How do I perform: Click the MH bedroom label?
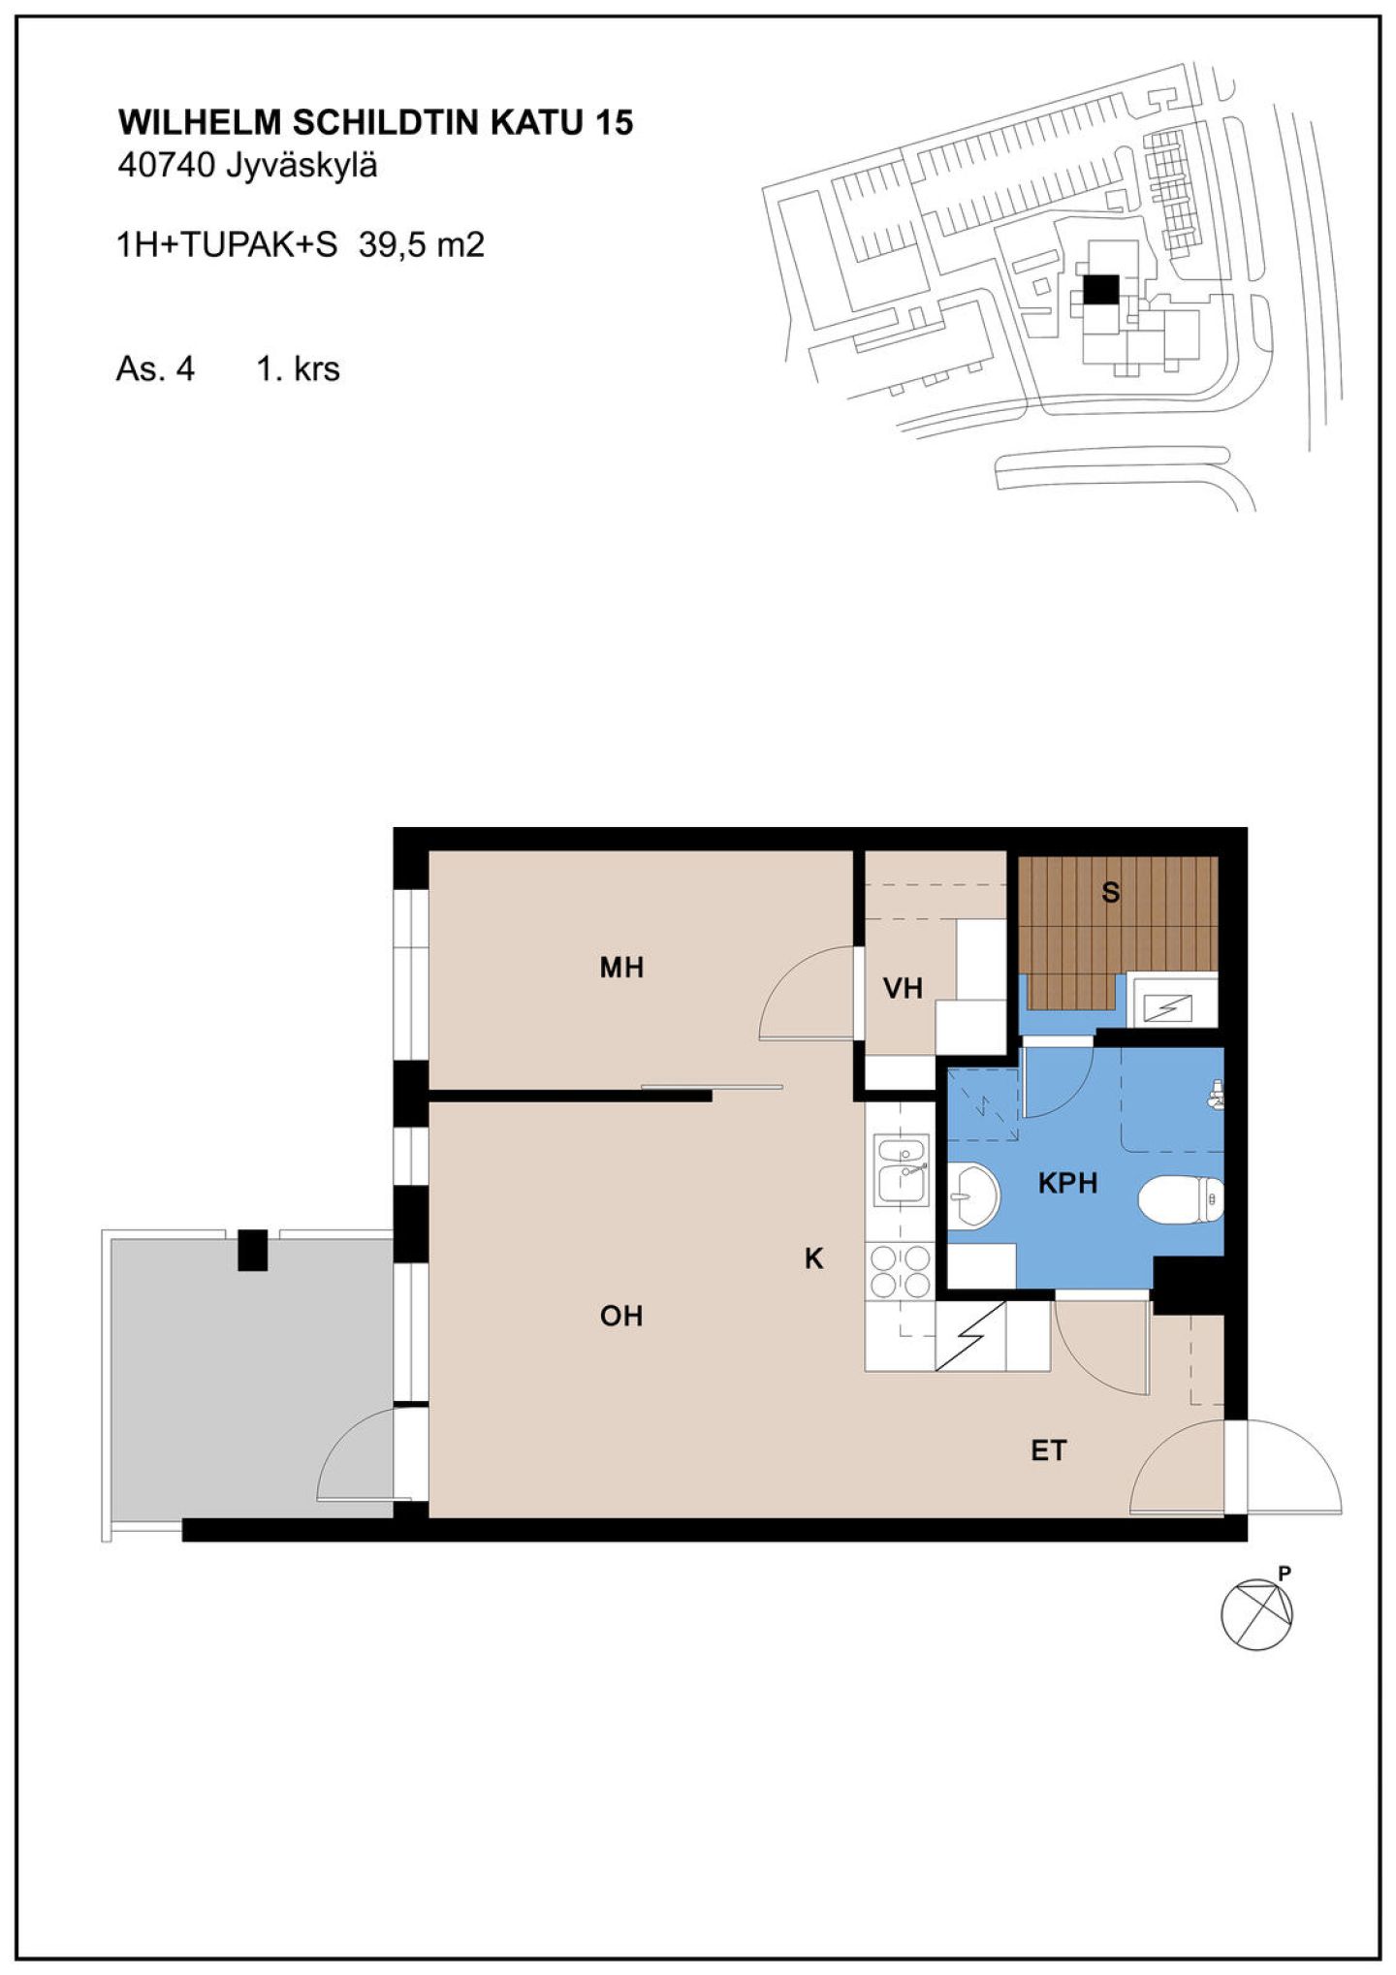(x=621, y=968)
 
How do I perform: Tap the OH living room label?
(x=621, y=1316)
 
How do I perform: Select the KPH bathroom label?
(x=1067, y=1183)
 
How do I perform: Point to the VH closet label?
(x=903, y=989)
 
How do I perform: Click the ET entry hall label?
(x=1048, y=1450)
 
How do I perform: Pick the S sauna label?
(x=1111, y=892)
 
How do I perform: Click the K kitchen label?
(x=813, y=1258)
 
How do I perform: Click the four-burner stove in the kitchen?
(x=901, y=1271)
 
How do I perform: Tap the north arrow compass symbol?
(x=1256, y=1613)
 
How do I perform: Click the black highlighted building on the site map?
(x=1100, y=289)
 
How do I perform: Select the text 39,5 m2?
(x=421, y=244)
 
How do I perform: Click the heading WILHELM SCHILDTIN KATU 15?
(x=375, y=122)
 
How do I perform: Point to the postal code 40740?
(x=166, y=166)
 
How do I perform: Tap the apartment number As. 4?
(x=155, y=369)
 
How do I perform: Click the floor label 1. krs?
(x=298, y=369)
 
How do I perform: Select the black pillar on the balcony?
(x=253, y=1250)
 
